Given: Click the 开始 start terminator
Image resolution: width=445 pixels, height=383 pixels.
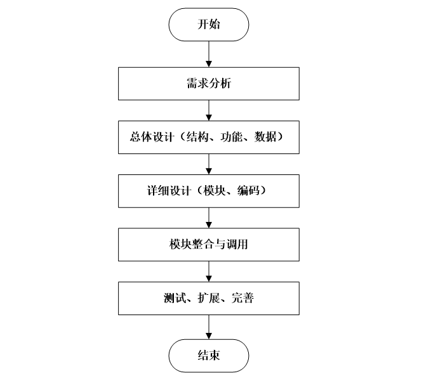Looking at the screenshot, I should coord(208,25).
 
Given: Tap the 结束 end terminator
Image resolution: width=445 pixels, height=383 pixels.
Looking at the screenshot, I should coord(208,355).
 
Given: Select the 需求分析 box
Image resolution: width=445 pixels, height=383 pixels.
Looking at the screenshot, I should coord(208,82).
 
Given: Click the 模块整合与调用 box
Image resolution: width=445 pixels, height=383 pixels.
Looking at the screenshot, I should coord(208,244).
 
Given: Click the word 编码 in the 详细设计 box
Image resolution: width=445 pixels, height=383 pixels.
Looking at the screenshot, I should coord(253,191).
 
